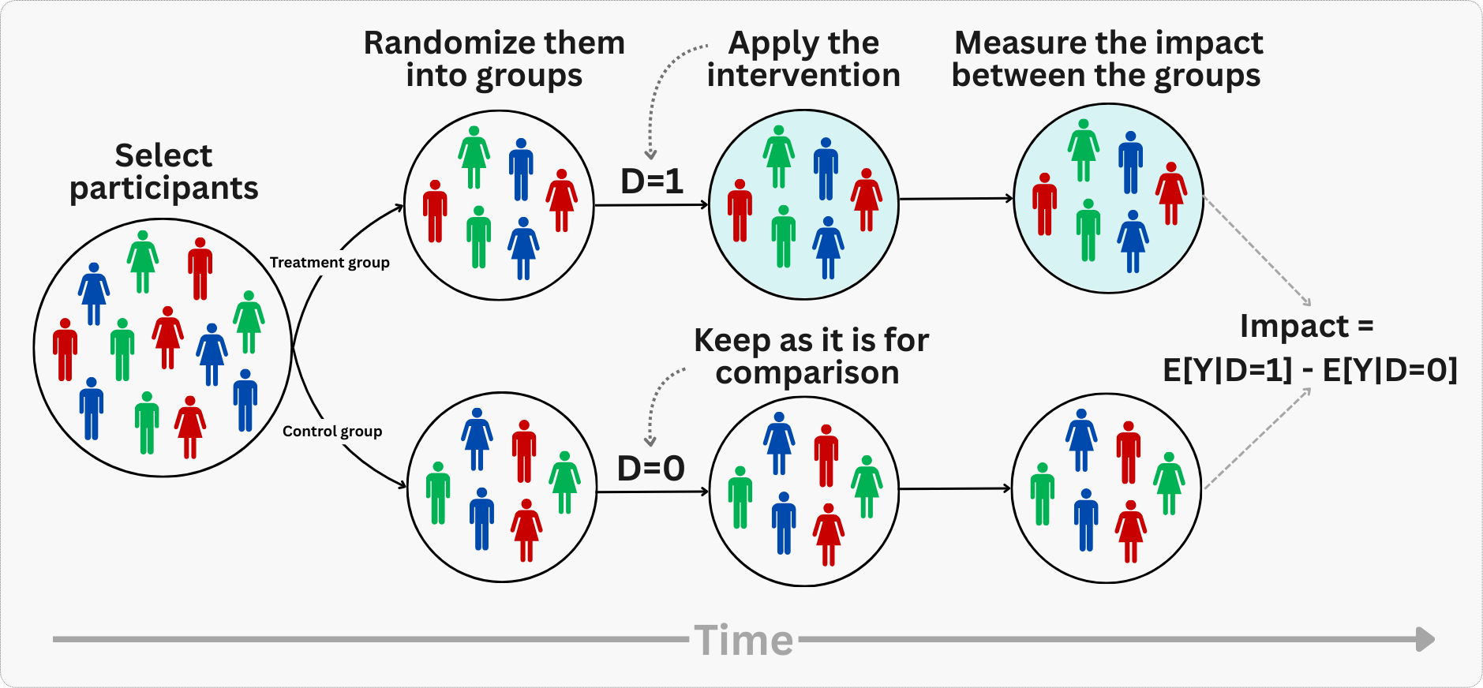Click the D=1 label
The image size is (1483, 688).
[x=652, y=181]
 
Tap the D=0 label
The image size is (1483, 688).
[x=650, y=469]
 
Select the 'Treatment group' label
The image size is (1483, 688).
[x=329, y=263]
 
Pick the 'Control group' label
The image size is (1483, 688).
[x=332, y=432]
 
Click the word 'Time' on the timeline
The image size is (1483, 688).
[x=744, y=640]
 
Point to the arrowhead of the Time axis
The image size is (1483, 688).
[x=1425, y=639]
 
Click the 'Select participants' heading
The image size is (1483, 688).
[x=164, y=172]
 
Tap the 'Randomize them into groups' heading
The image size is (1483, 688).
[x=494, y=59]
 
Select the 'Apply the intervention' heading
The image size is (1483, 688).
[x=803, y=59]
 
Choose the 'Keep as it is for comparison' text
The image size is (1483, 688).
[x=811, y=356]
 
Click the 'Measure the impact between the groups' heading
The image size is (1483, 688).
[x=1107, y=59]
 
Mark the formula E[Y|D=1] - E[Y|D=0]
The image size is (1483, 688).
[x=1309, y=370]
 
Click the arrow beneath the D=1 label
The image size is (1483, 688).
[x=651, y=205]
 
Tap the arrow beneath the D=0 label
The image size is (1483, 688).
[x=652, y=492]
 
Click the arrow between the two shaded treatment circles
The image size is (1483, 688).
[x=956, y=199]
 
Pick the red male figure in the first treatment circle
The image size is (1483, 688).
[x=435, y=211]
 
